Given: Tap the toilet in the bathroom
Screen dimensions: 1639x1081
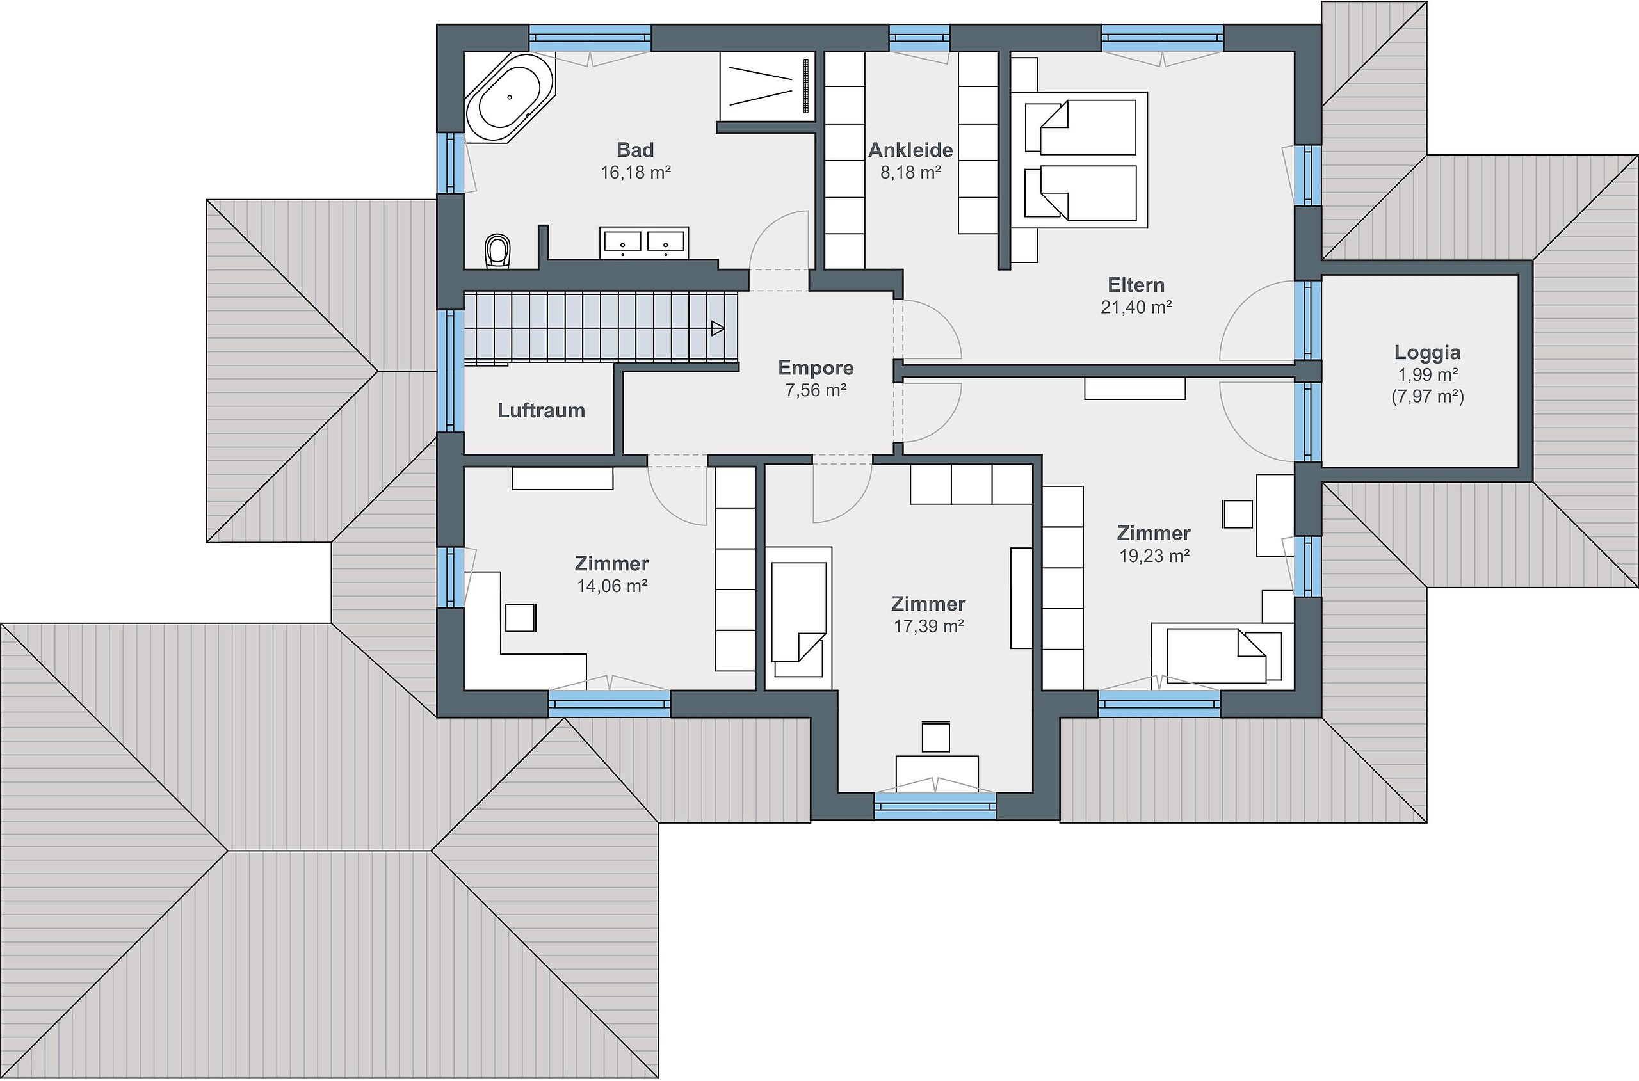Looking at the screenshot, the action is coord(498,250).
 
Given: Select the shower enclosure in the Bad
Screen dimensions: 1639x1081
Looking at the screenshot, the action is coord(767,86).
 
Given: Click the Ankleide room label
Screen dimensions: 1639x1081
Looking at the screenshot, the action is coord(910,150).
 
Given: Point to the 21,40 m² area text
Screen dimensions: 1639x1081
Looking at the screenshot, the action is coord(1136,307).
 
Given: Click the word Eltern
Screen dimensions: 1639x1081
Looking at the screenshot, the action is coord(1136,285).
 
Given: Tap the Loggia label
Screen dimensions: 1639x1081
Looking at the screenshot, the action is coord(1427,352).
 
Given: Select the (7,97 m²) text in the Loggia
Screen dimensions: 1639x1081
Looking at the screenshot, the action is coord(1427,396).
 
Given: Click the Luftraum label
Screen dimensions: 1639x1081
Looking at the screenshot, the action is coord(541,410).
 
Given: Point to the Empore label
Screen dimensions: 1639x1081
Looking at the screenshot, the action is coord(816,367).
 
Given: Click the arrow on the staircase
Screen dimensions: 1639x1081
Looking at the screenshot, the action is coord(717,329).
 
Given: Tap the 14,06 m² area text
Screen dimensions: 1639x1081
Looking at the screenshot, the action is coord(611,586).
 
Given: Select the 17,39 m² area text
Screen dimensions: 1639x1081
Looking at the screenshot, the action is coord(928,626).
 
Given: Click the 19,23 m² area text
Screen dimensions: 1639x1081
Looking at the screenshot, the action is coord(1154,556).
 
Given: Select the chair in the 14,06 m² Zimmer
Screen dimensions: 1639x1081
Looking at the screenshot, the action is coord(521,617).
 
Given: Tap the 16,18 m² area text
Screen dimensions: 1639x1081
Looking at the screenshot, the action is coord(635,172).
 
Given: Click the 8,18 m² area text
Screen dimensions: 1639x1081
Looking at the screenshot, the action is coord(910,172).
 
